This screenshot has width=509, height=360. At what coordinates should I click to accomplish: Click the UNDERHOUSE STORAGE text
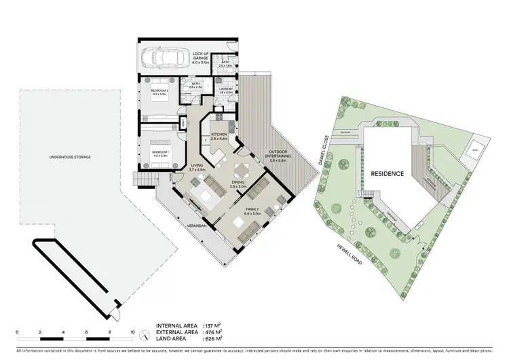70,157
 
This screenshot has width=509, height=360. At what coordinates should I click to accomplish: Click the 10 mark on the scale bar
132,334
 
